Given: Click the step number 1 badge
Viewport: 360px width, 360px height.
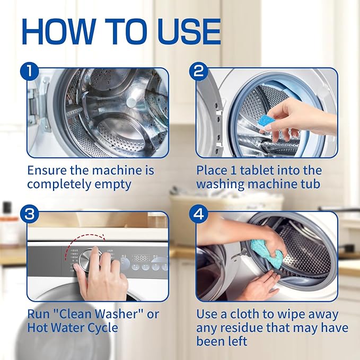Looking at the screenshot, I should (x=29, y=71).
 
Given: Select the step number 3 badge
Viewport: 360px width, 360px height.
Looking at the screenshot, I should (x=29, y=215).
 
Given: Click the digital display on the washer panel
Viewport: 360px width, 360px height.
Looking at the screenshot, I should (x=141, y=258).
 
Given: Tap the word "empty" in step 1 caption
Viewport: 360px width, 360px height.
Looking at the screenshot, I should (x=117, y=185).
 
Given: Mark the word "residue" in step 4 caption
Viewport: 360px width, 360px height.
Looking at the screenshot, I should (x=251, y=328).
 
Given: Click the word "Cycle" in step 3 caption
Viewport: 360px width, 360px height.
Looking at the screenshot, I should (x=103, y=328).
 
